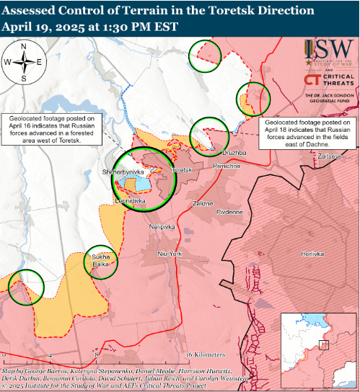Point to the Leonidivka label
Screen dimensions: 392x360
(131, 201)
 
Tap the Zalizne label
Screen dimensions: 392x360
(203, 204)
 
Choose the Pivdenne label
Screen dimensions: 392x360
(229, 213)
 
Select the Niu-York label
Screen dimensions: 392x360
(171, 254)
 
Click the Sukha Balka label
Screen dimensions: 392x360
(100, 261)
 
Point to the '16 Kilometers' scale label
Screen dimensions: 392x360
(205, 356)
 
